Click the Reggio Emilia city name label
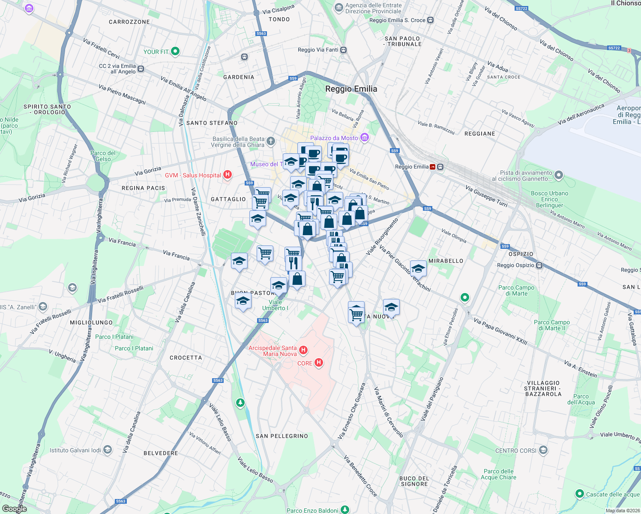coord(351,89)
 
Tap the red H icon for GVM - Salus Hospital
coord(228,175)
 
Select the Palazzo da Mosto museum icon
coord(364,137)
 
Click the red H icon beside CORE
coord(318,363)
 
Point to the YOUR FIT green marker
coord(175,51)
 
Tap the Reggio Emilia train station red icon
coord(433,167)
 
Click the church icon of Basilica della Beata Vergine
coord(270,141)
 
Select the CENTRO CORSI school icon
coord(543,450)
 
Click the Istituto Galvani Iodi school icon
coord(108,450)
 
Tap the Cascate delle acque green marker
coord(579,494)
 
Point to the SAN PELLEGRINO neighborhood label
coord(282,436)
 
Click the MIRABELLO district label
coord(446,261)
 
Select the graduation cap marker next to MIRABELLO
coord(418,269)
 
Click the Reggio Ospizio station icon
coord(539,265)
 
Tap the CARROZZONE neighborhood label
coord(129,22)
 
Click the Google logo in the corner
coord(14,509)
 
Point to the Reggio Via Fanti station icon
coord(344,50)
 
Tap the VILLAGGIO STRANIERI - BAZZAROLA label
coord(543,388)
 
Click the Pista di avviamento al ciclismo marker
coord(558,175)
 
